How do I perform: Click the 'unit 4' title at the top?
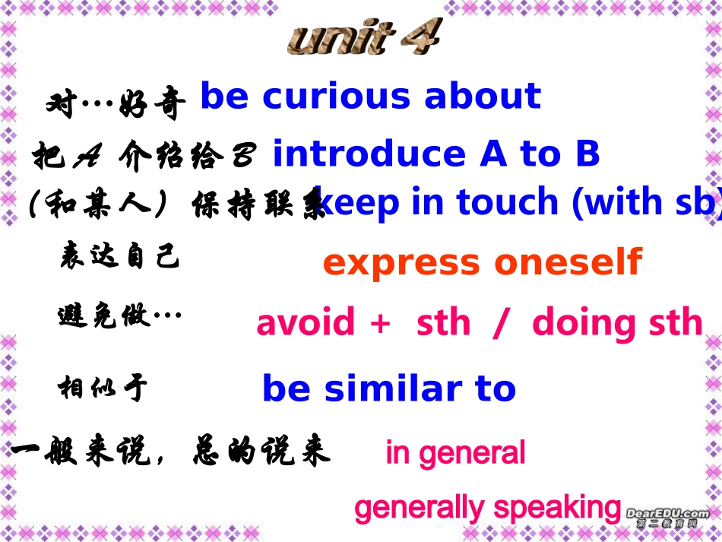(364, 38)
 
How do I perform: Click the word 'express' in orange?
(401, 263)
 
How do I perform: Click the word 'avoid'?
(306, 322)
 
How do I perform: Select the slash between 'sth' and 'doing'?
(499, 323)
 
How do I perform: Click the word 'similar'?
(394, 388)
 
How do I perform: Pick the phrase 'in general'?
(455, 453)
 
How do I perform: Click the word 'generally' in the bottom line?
(420, 508)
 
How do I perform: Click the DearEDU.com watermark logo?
(668, 516)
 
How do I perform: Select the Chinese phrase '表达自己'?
(119, 258)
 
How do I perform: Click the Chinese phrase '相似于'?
(103, 388)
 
